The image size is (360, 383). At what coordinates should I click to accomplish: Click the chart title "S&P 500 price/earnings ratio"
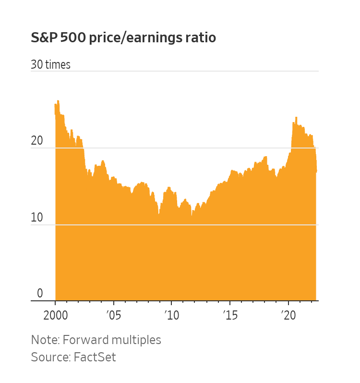pos(123,38)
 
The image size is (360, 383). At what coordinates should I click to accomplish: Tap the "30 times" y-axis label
pos(50,65)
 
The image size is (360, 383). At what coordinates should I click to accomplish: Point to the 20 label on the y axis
pos(37,141)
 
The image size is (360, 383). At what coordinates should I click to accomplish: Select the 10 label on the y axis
pos(37,218)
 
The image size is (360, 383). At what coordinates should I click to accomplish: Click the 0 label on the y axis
pos(40,294)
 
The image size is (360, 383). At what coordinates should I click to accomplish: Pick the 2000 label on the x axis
pos(55,316)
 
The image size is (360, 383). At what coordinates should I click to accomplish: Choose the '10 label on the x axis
pos(171,316)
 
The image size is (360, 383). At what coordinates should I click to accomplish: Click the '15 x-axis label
pos(230,316)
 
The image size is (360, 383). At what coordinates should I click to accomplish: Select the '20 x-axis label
pos(288,316)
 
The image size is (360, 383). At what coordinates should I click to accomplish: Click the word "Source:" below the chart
pos(49,357)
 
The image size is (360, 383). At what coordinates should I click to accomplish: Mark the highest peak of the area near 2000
pos(58,101)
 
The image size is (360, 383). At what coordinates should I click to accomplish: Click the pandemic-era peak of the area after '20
pos(296,118)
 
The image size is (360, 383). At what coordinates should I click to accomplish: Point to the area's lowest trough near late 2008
pos(158,214)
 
